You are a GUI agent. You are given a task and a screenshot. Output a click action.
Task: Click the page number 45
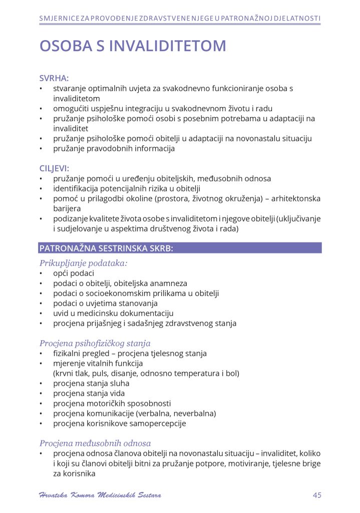316,495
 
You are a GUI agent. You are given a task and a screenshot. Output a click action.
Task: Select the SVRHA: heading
54,78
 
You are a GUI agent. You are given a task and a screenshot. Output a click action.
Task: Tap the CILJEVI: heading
55,168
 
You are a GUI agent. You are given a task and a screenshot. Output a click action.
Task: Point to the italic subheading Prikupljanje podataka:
83,263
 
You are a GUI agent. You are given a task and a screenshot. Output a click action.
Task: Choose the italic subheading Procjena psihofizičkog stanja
95,343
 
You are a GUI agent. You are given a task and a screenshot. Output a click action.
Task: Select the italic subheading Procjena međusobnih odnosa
95,443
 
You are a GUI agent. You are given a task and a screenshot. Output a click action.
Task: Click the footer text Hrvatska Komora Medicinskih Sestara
100,495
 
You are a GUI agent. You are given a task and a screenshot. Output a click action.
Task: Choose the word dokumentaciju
147,313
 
